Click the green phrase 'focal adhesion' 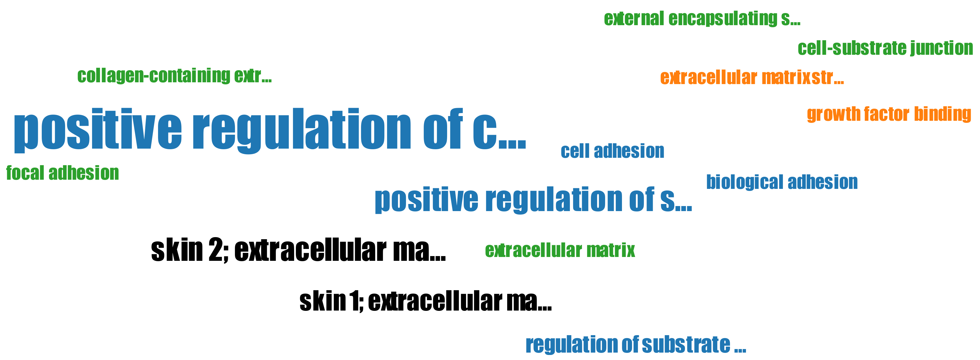click(62, 173)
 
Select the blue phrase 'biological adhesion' click(782, 182)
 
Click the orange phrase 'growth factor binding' click(889, 114)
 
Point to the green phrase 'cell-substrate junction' click(885, 48)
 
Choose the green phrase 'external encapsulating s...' click(702, 19)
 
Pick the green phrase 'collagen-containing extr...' click(174, 76)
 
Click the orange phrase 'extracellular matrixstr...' click(752, 78)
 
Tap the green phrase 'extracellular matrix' click(560, 250)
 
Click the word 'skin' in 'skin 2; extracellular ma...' click(177, 250)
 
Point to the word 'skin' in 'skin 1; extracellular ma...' click(322, 301)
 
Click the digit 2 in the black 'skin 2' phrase click(216, 250)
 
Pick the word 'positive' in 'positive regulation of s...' click(426, 200)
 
